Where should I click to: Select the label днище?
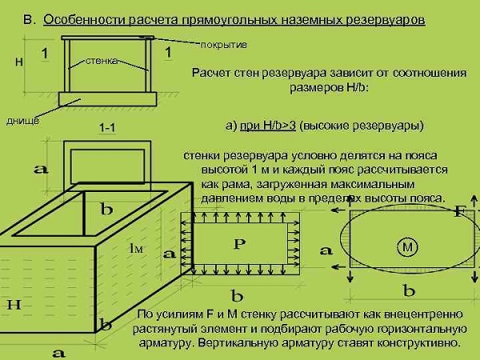point(22,121)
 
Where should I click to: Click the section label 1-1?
point(110,127)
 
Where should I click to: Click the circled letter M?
point(409,248)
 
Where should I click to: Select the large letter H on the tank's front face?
point(14,304)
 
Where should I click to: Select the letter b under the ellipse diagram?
point(409,290)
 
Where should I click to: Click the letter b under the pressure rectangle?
point(237,294)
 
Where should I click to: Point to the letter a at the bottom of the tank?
point(58,350)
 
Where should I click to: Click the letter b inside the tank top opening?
point(106,210)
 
